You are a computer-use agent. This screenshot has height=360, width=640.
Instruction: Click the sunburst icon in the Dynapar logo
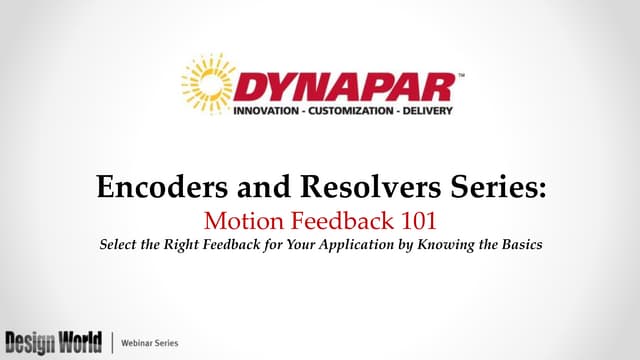click(x=209, y=81)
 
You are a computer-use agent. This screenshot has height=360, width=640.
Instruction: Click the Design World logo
click(x=52, y=340)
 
